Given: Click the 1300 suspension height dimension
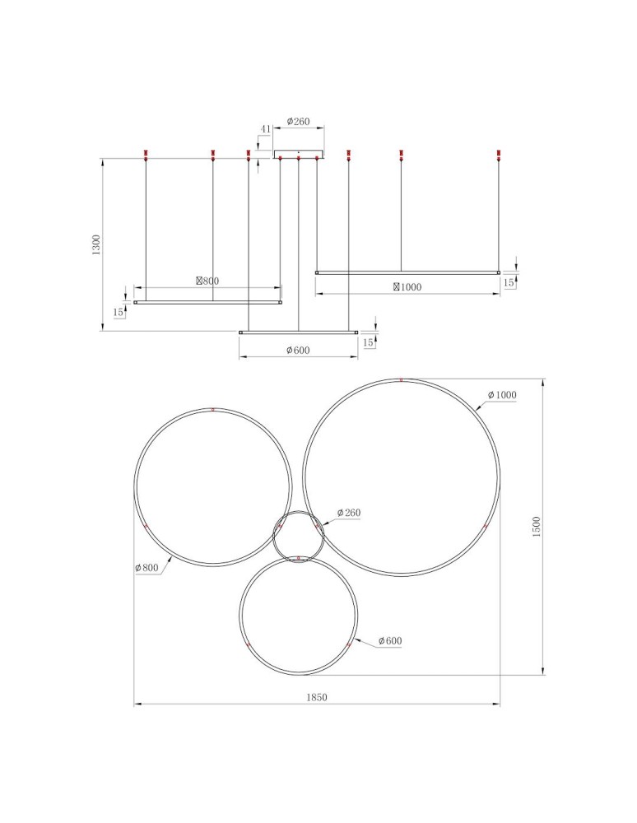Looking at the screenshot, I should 96,245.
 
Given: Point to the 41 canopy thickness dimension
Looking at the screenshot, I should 265,129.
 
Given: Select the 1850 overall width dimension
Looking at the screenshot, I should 317,697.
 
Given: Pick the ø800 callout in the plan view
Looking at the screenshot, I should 147,567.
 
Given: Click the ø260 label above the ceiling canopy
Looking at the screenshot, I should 298,122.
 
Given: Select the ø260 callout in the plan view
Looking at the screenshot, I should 348,513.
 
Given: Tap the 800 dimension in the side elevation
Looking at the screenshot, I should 207,281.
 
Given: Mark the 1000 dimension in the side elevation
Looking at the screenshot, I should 407,286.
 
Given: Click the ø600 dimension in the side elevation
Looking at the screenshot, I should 298,350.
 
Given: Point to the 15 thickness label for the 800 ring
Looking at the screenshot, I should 119,312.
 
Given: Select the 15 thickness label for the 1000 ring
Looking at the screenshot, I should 509,281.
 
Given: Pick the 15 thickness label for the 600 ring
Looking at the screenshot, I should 368,342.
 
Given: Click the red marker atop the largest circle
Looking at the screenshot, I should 401,379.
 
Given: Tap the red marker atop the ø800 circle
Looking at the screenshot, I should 212,409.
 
